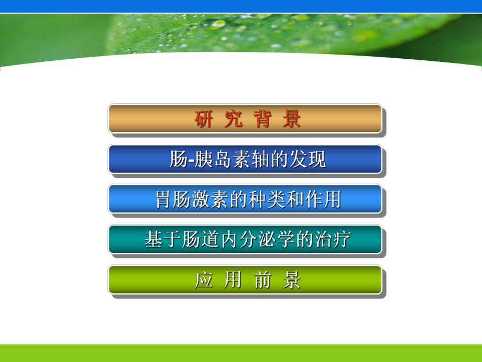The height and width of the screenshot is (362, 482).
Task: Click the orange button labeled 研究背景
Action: coord(245,119)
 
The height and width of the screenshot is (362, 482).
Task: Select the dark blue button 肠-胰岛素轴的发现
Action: coord(245,159)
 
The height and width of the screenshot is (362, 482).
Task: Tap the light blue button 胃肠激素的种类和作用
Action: coord(245,199)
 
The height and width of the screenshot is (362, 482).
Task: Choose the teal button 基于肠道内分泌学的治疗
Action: coord(245,240)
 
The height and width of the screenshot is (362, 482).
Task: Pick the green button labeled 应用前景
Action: coord(245,280)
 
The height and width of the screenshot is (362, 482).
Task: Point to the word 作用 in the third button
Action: coord(325,200)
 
